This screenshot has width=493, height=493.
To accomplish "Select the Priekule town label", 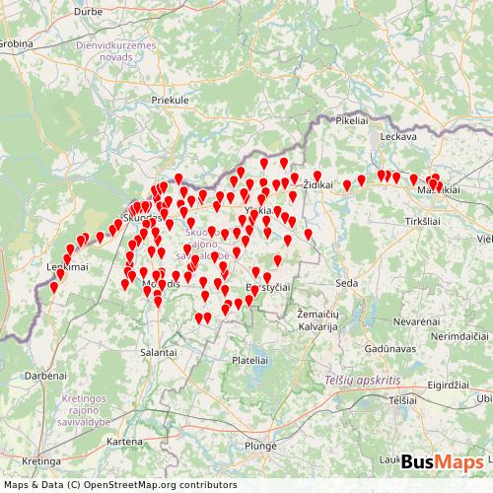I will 170,101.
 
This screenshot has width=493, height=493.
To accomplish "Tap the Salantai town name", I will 158,351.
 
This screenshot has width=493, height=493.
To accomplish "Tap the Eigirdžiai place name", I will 460,386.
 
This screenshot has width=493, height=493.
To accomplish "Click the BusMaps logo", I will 442,461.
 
